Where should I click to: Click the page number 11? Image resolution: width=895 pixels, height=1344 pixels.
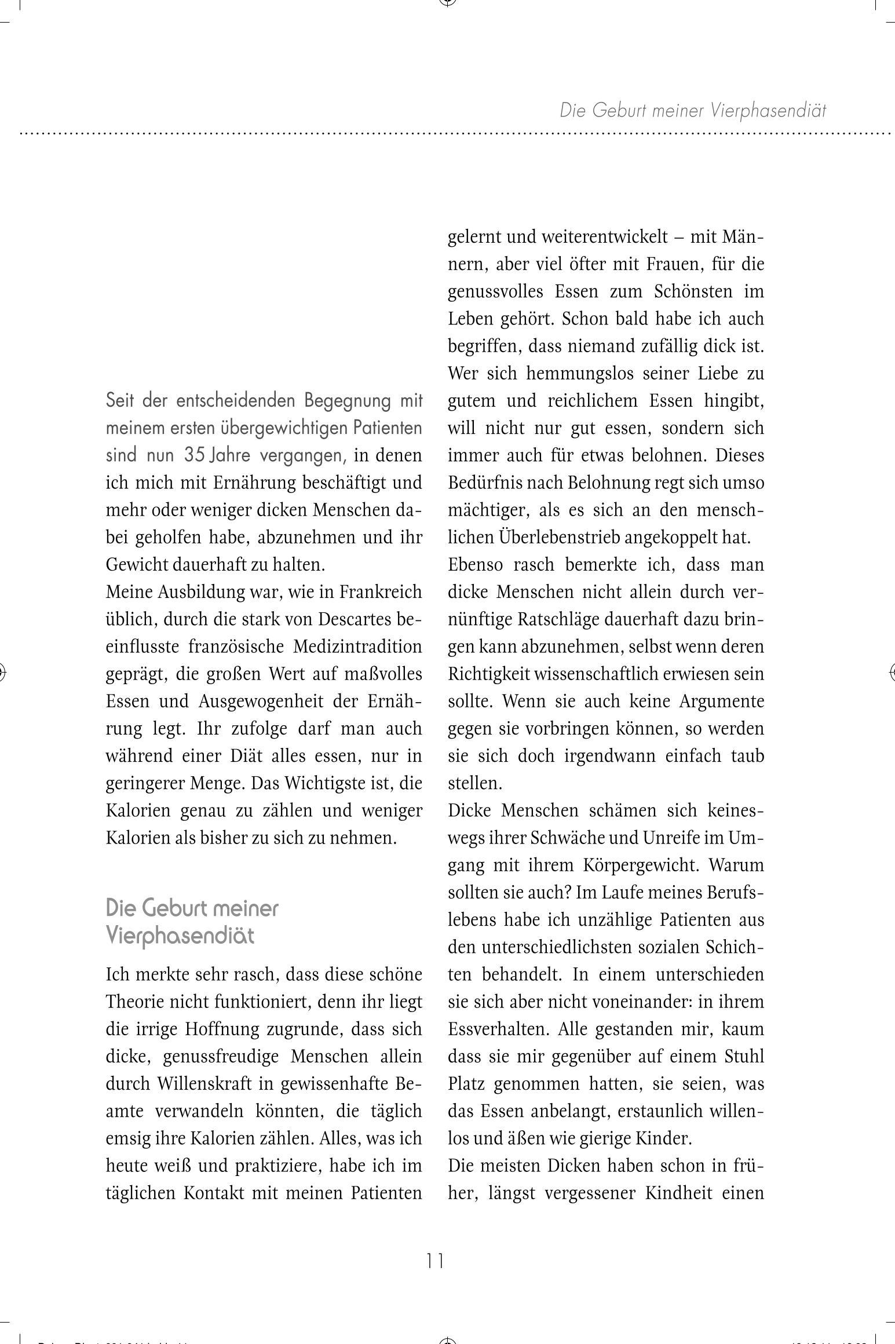click(434, 1260)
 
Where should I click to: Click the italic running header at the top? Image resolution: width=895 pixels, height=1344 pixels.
click(693, 110)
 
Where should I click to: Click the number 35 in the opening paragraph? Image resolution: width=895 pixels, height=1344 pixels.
click(195, 455)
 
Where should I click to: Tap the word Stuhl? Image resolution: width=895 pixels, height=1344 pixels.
click(744, 1057)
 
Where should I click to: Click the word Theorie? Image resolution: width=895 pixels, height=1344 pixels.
click(138, 1002)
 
